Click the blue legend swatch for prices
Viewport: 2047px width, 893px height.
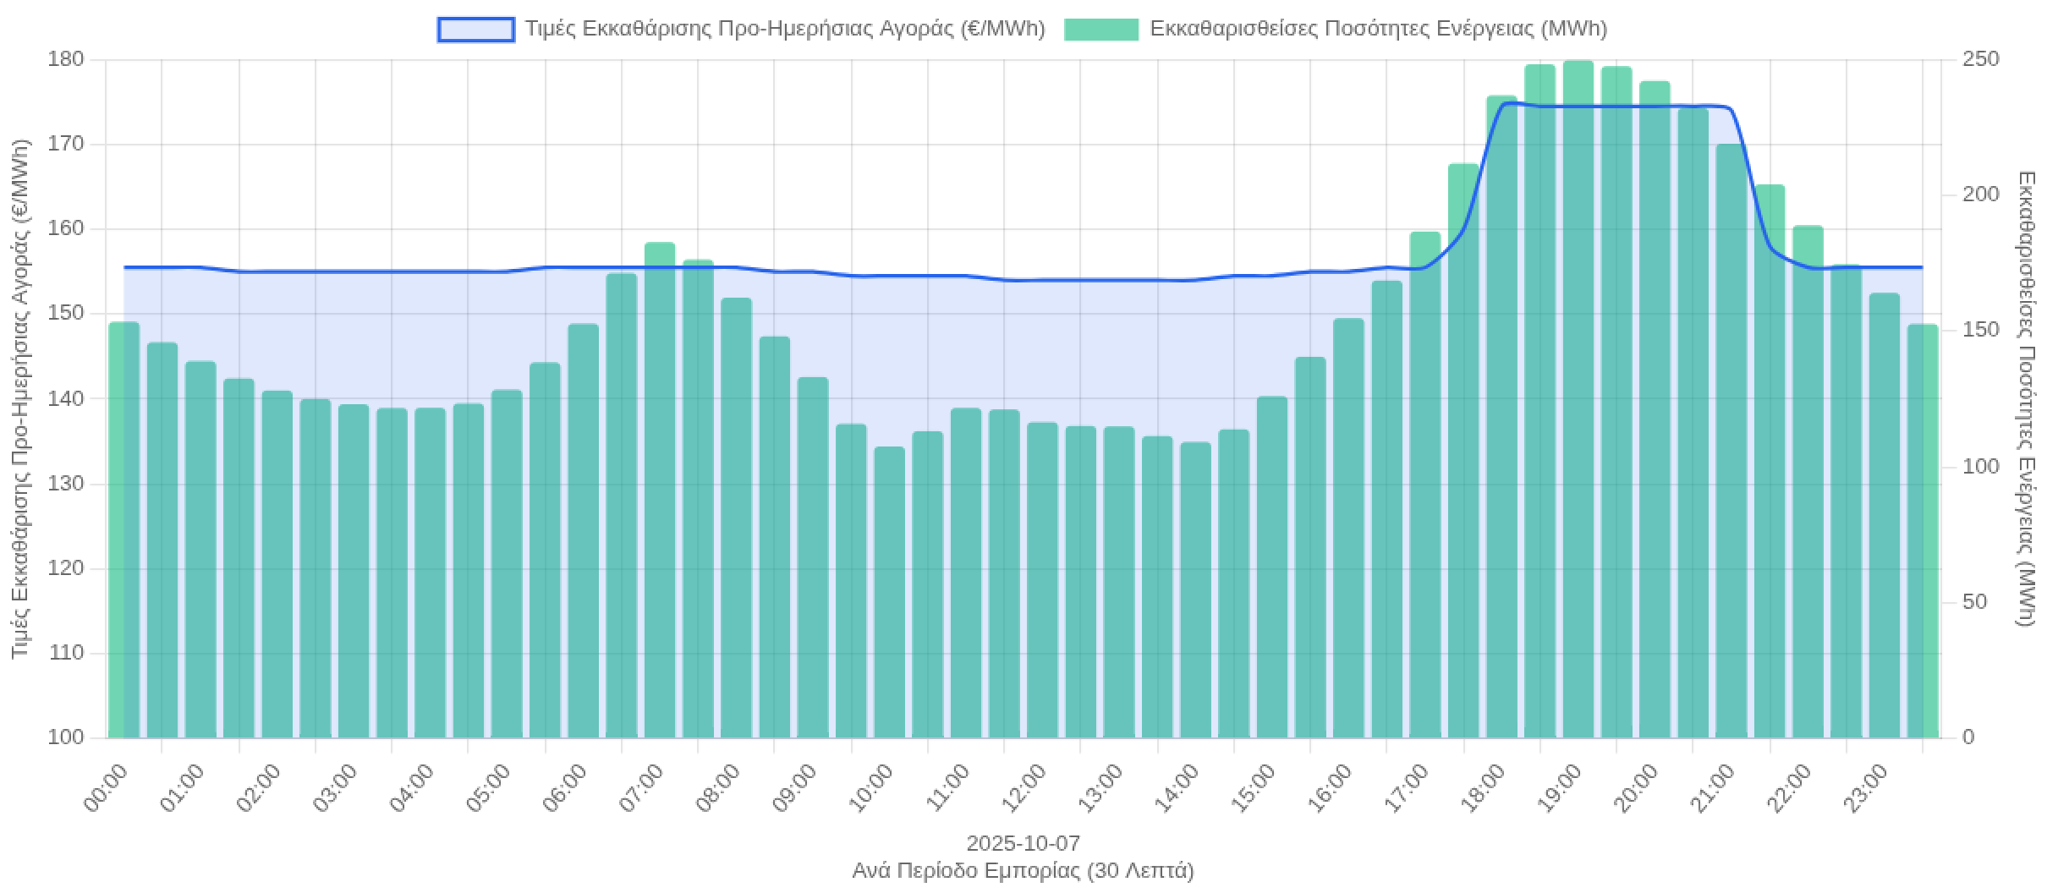(x=475, y=30)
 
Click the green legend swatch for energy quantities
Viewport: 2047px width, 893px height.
(x=1101, y=30)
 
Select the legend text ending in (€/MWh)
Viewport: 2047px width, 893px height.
(x=785, y=30)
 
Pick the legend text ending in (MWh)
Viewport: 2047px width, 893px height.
(x=1379, y=30)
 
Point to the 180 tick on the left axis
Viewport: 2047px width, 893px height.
(x=67, y=59)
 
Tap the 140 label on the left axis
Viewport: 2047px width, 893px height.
(x=67, y=398)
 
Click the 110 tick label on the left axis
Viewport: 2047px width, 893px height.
(x=67, y=653)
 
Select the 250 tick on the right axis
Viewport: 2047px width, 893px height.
(x=1980, y=59)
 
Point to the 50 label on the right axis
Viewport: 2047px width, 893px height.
(x=1974, y=602)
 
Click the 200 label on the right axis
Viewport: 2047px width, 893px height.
(x=1980, y=194)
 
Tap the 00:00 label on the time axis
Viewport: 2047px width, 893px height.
(x=107, y=788)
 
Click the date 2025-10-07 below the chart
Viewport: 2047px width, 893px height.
(x=1023, y=844)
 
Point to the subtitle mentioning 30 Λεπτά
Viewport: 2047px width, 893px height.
(x=1023, y=871)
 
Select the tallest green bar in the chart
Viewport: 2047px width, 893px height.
(x=1578, y=397)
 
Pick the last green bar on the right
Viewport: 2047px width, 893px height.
(x=1922, y=533)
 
